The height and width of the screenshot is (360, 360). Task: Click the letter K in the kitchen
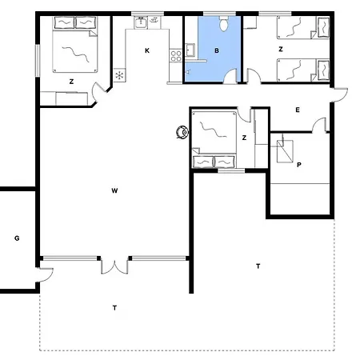coord(146,50)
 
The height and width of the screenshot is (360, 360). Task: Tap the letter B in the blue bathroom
coord(216,50)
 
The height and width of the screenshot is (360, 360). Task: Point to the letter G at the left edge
coord(16,238)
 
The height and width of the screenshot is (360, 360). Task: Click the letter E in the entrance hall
coord(297,109)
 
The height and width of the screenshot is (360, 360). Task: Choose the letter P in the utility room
coord(298,166)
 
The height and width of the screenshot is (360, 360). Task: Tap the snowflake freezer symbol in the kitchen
coord(120,76)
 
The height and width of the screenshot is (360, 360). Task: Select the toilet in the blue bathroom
coord(225,25)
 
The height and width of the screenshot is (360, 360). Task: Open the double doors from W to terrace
coord(114,266)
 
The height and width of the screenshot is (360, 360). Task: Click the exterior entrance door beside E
coord(338,96)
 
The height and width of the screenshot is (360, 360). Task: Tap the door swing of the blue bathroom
coord(231,77)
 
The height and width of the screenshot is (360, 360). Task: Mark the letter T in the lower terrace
coord(114,307)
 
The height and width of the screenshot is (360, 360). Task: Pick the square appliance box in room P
coord(284,150)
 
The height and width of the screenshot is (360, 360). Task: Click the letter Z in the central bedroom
coord(243,138)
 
